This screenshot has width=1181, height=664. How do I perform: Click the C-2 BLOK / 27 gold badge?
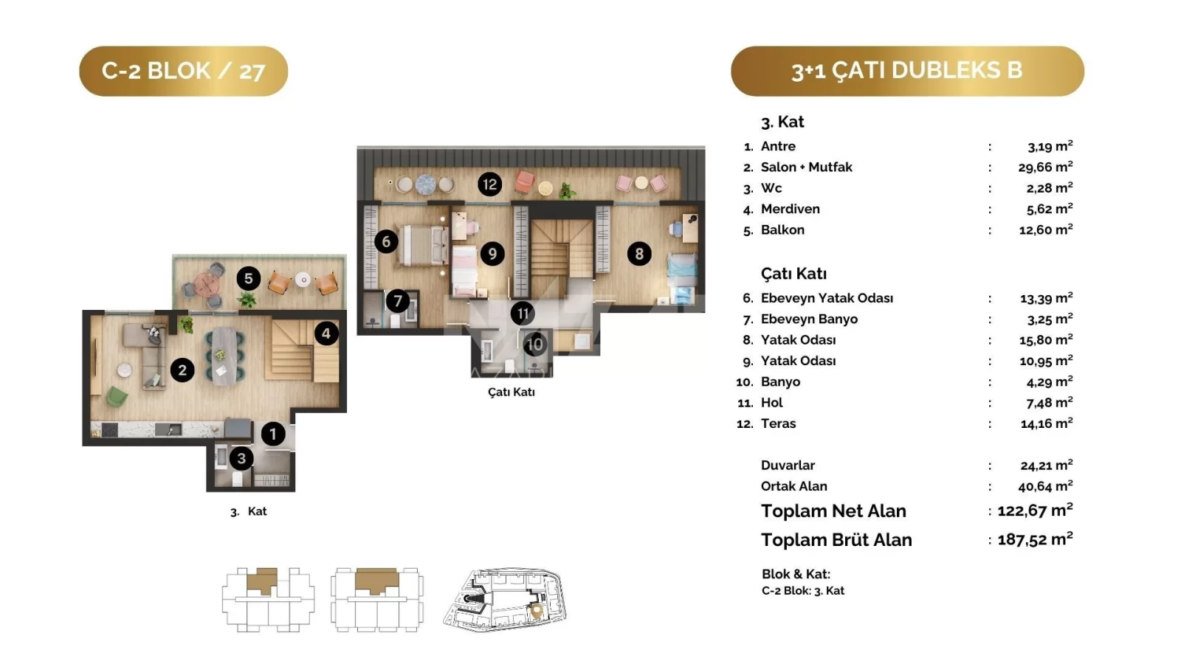click(x=184, y=71)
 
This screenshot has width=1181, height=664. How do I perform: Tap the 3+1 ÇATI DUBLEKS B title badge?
click(x=907, y=71)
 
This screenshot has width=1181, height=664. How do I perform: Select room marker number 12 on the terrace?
click(x=490, y=184)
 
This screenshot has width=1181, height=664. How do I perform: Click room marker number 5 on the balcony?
click(x=248, y=279)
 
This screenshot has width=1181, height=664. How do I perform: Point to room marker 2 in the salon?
click(x=182, y=370)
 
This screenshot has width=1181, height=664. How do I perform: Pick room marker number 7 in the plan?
click(x=398, y=302)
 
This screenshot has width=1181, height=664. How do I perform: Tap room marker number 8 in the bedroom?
click(x=639, y=254)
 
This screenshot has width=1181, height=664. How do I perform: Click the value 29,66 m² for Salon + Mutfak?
click(x=1045, y=167)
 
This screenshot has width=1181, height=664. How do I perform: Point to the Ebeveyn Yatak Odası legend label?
click(x=827, y=298)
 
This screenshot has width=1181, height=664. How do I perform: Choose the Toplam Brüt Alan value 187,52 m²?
click(x=1035, y=539)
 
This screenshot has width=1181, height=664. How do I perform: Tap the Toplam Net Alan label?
click(x=833, y=511)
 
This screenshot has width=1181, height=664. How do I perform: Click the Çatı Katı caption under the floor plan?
click(x=512, y=392)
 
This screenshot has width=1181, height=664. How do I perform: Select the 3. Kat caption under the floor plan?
click(x=248, y=512)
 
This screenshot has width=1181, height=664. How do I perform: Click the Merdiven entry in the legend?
click(x=791, y=210)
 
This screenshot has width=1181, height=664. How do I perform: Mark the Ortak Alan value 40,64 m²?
click(x=1045, y=486)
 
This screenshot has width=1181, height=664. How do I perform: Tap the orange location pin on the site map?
click(x=536, y=612)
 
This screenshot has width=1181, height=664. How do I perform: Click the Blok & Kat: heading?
click(x=796, y=574)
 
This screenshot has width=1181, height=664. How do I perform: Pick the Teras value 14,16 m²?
click(x=1047, y=423)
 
